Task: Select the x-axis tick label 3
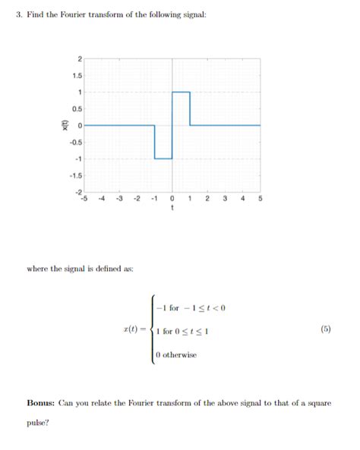coord(225,199)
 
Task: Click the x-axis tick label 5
coord(260,199)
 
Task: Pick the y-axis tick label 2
coord(78,58)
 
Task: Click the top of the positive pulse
coord(181,92)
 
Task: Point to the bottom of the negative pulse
coord(163,159)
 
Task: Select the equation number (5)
coord(325,330)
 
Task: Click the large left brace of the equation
coord(150,331)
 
